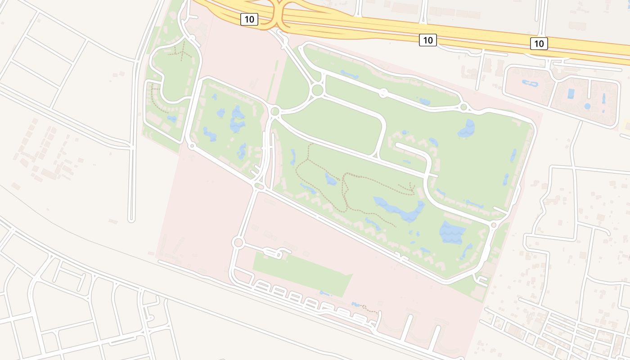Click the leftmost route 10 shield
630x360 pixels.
pos(249,19)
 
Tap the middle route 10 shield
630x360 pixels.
pos(427,40)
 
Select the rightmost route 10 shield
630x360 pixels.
pos(539,44)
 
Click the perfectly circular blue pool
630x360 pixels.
pos(587,106)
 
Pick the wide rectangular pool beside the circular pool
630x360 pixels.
pos(571,94)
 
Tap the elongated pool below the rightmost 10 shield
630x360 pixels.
pos(530,83)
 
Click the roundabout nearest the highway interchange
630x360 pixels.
pos(317,90)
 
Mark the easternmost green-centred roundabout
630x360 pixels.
pos(464,107)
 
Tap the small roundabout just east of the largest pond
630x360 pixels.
pos(494,225)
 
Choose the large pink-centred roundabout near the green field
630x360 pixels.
pos(238,243)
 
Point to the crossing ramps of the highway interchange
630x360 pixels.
pos(279,13)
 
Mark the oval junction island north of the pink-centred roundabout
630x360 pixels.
pos(258,185)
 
